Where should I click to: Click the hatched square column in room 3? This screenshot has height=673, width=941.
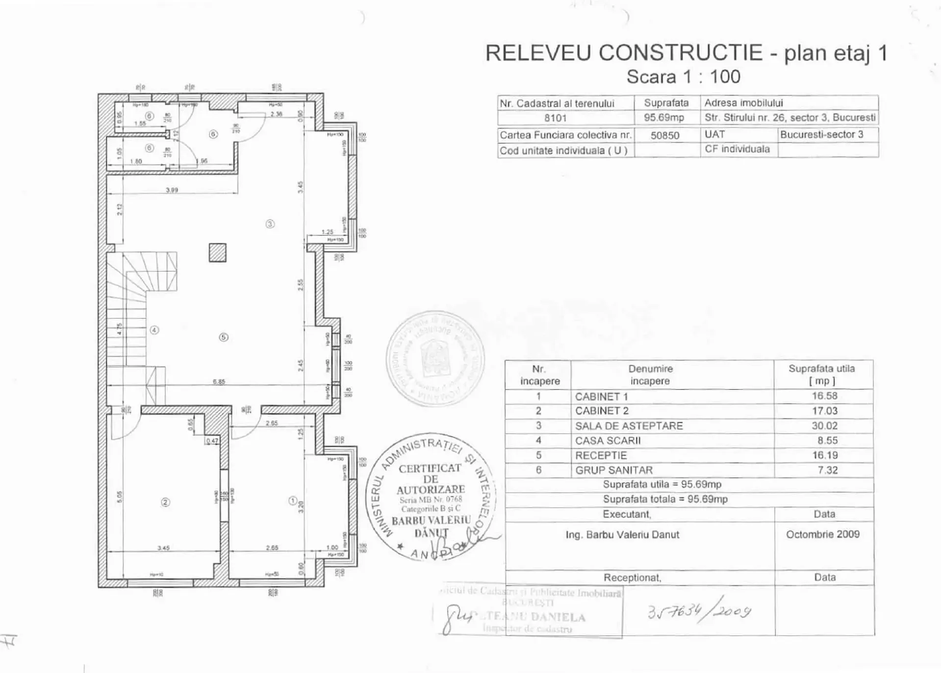point(217,253)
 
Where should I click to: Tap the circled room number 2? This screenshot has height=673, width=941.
point(165,502)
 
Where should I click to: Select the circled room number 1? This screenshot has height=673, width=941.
point(293,501)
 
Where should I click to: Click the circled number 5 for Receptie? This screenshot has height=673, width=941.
point(224,337)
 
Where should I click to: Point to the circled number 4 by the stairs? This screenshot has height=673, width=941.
point(154,330)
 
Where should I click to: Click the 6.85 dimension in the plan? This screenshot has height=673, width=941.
point(219,381)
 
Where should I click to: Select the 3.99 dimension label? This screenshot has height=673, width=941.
point(172,190)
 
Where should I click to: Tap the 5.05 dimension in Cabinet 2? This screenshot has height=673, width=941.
point(119,496)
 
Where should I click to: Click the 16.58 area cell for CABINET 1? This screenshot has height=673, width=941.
point(824,396)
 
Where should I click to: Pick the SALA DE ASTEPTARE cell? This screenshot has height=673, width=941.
point(629,426)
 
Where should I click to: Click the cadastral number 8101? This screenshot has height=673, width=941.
point(555,118)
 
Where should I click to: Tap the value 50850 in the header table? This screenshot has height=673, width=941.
point(664,135)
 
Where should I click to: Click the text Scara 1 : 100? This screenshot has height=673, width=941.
point(683,77)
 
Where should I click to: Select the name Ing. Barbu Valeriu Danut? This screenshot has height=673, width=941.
point(622,535)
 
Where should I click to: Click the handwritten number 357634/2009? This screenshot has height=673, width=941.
point(699,611)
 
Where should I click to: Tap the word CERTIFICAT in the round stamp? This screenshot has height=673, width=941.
point(430,468)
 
